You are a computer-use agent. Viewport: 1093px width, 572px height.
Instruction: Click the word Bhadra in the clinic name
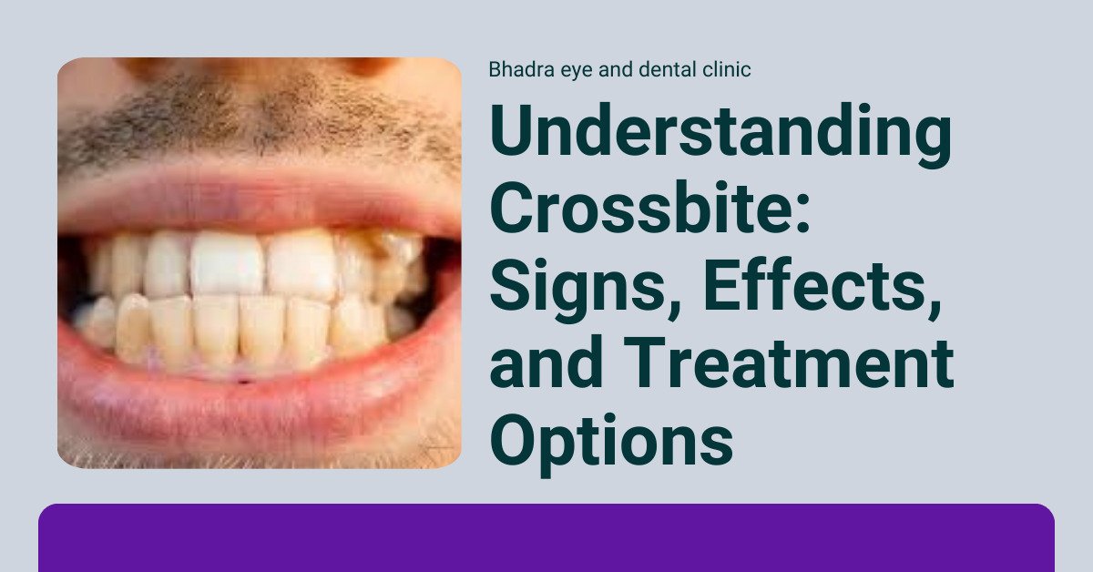coord(516,70)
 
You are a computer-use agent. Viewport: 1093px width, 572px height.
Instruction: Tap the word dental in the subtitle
coord(659,70)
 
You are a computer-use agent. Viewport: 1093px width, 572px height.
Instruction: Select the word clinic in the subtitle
coord(726,70)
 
